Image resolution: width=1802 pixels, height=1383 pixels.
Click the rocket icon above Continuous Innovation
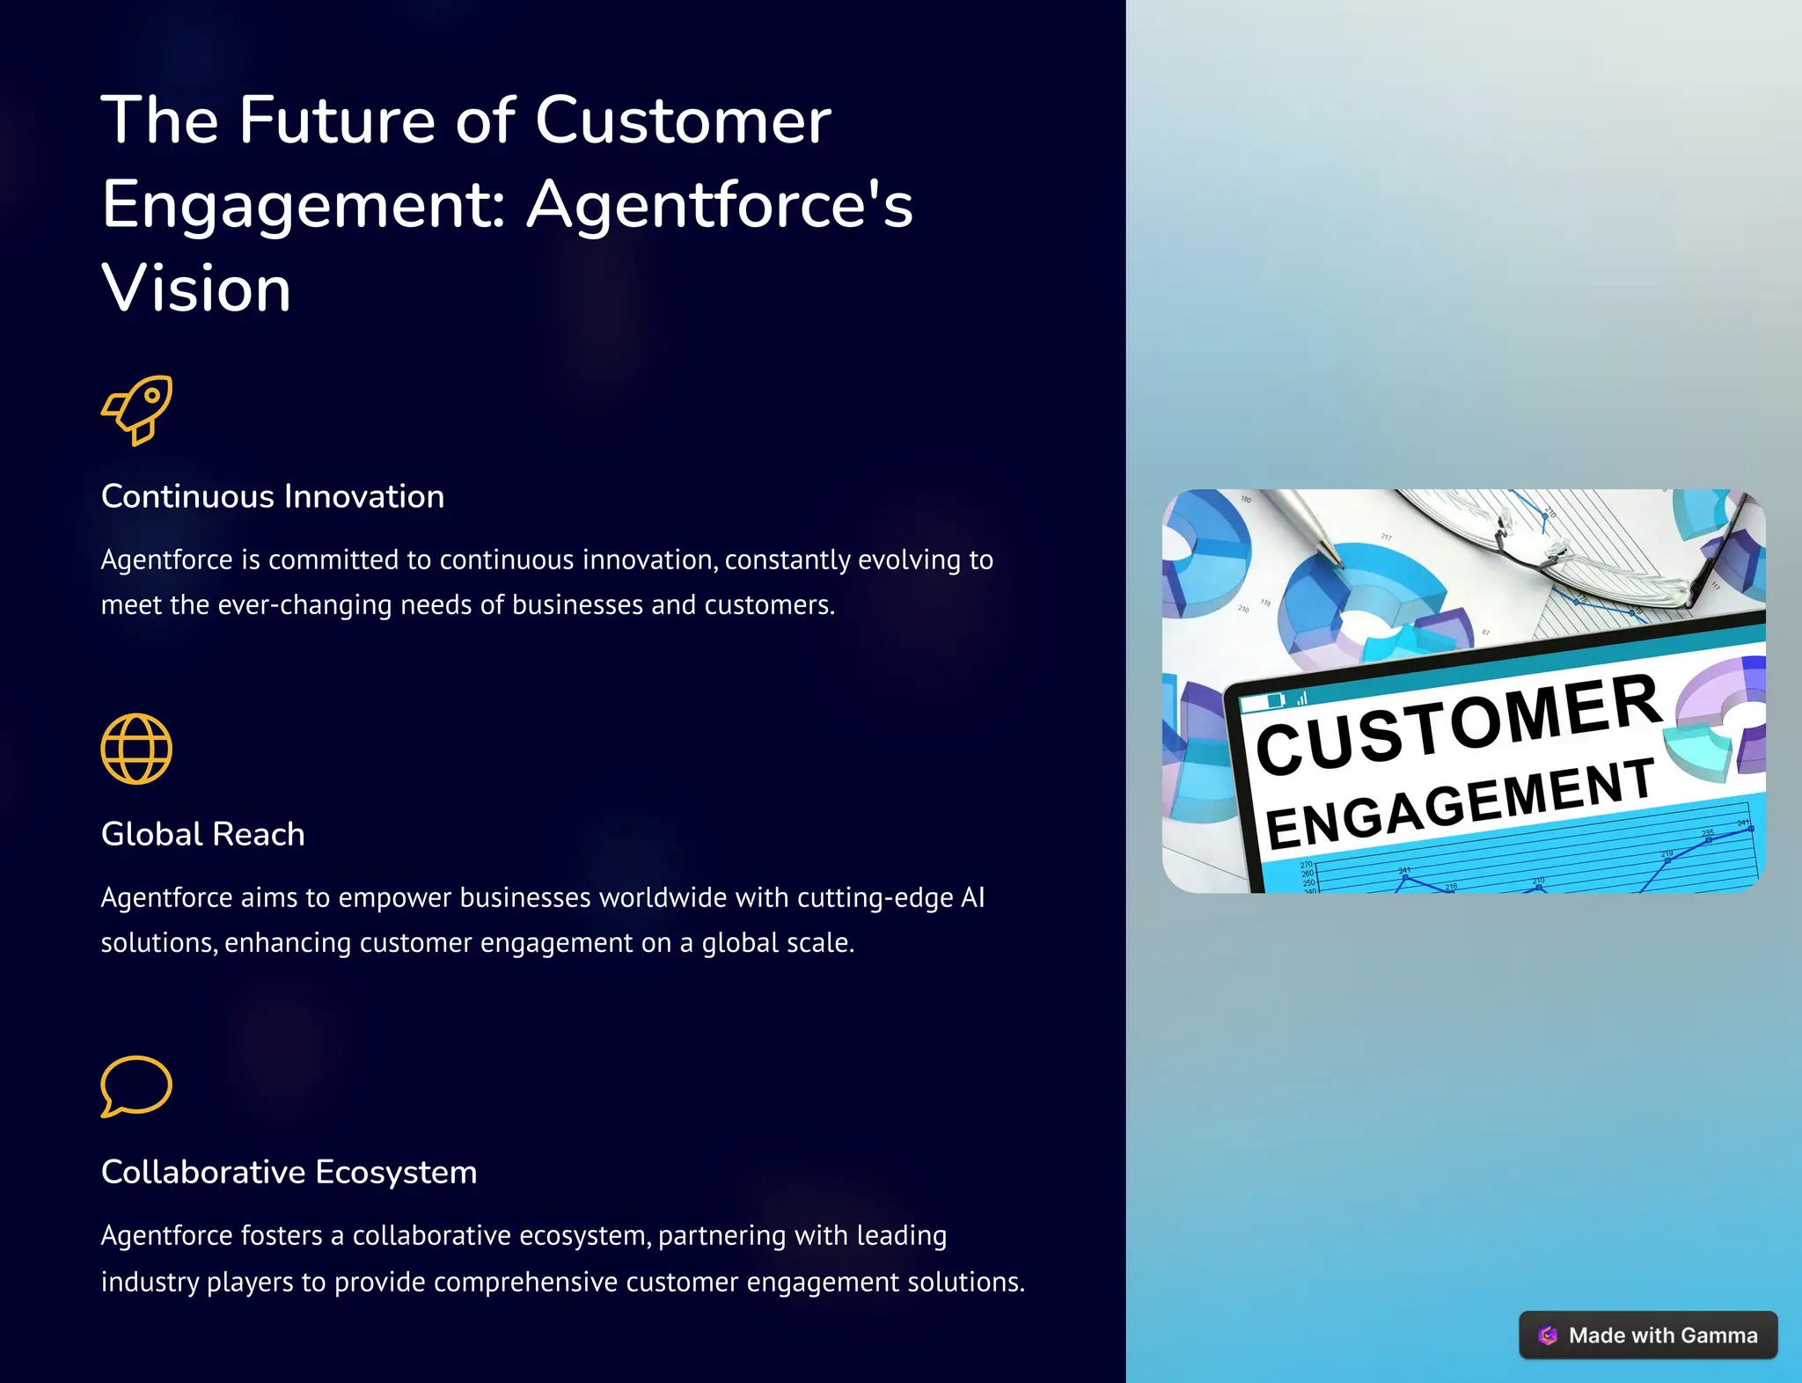click(136, 410)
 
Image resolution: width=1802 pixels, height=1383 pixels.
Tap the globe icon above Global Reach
click(136, 749)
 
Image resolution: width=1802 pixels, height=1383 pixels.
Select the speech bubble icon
click(136, 1086)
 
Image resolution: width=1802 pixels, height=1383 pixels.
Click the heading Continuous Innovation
click(273, 497)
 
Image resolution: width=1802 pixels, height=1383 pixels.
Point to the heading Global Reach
click(203, 834)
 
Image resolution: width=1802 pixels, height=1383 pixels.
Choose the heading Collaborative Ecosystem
click(289, 1172)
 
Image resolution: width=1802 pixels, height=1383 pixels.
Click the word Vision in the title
click(196, 289)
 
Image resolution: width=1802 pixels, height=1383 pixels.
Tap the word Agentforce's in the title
click(720, 204)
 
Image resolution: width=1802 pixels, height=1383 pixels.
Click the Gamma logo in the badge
click(1549, 1335)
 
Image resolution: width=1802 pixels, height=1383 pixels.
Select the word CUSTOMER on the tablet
click(1456, 723)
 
